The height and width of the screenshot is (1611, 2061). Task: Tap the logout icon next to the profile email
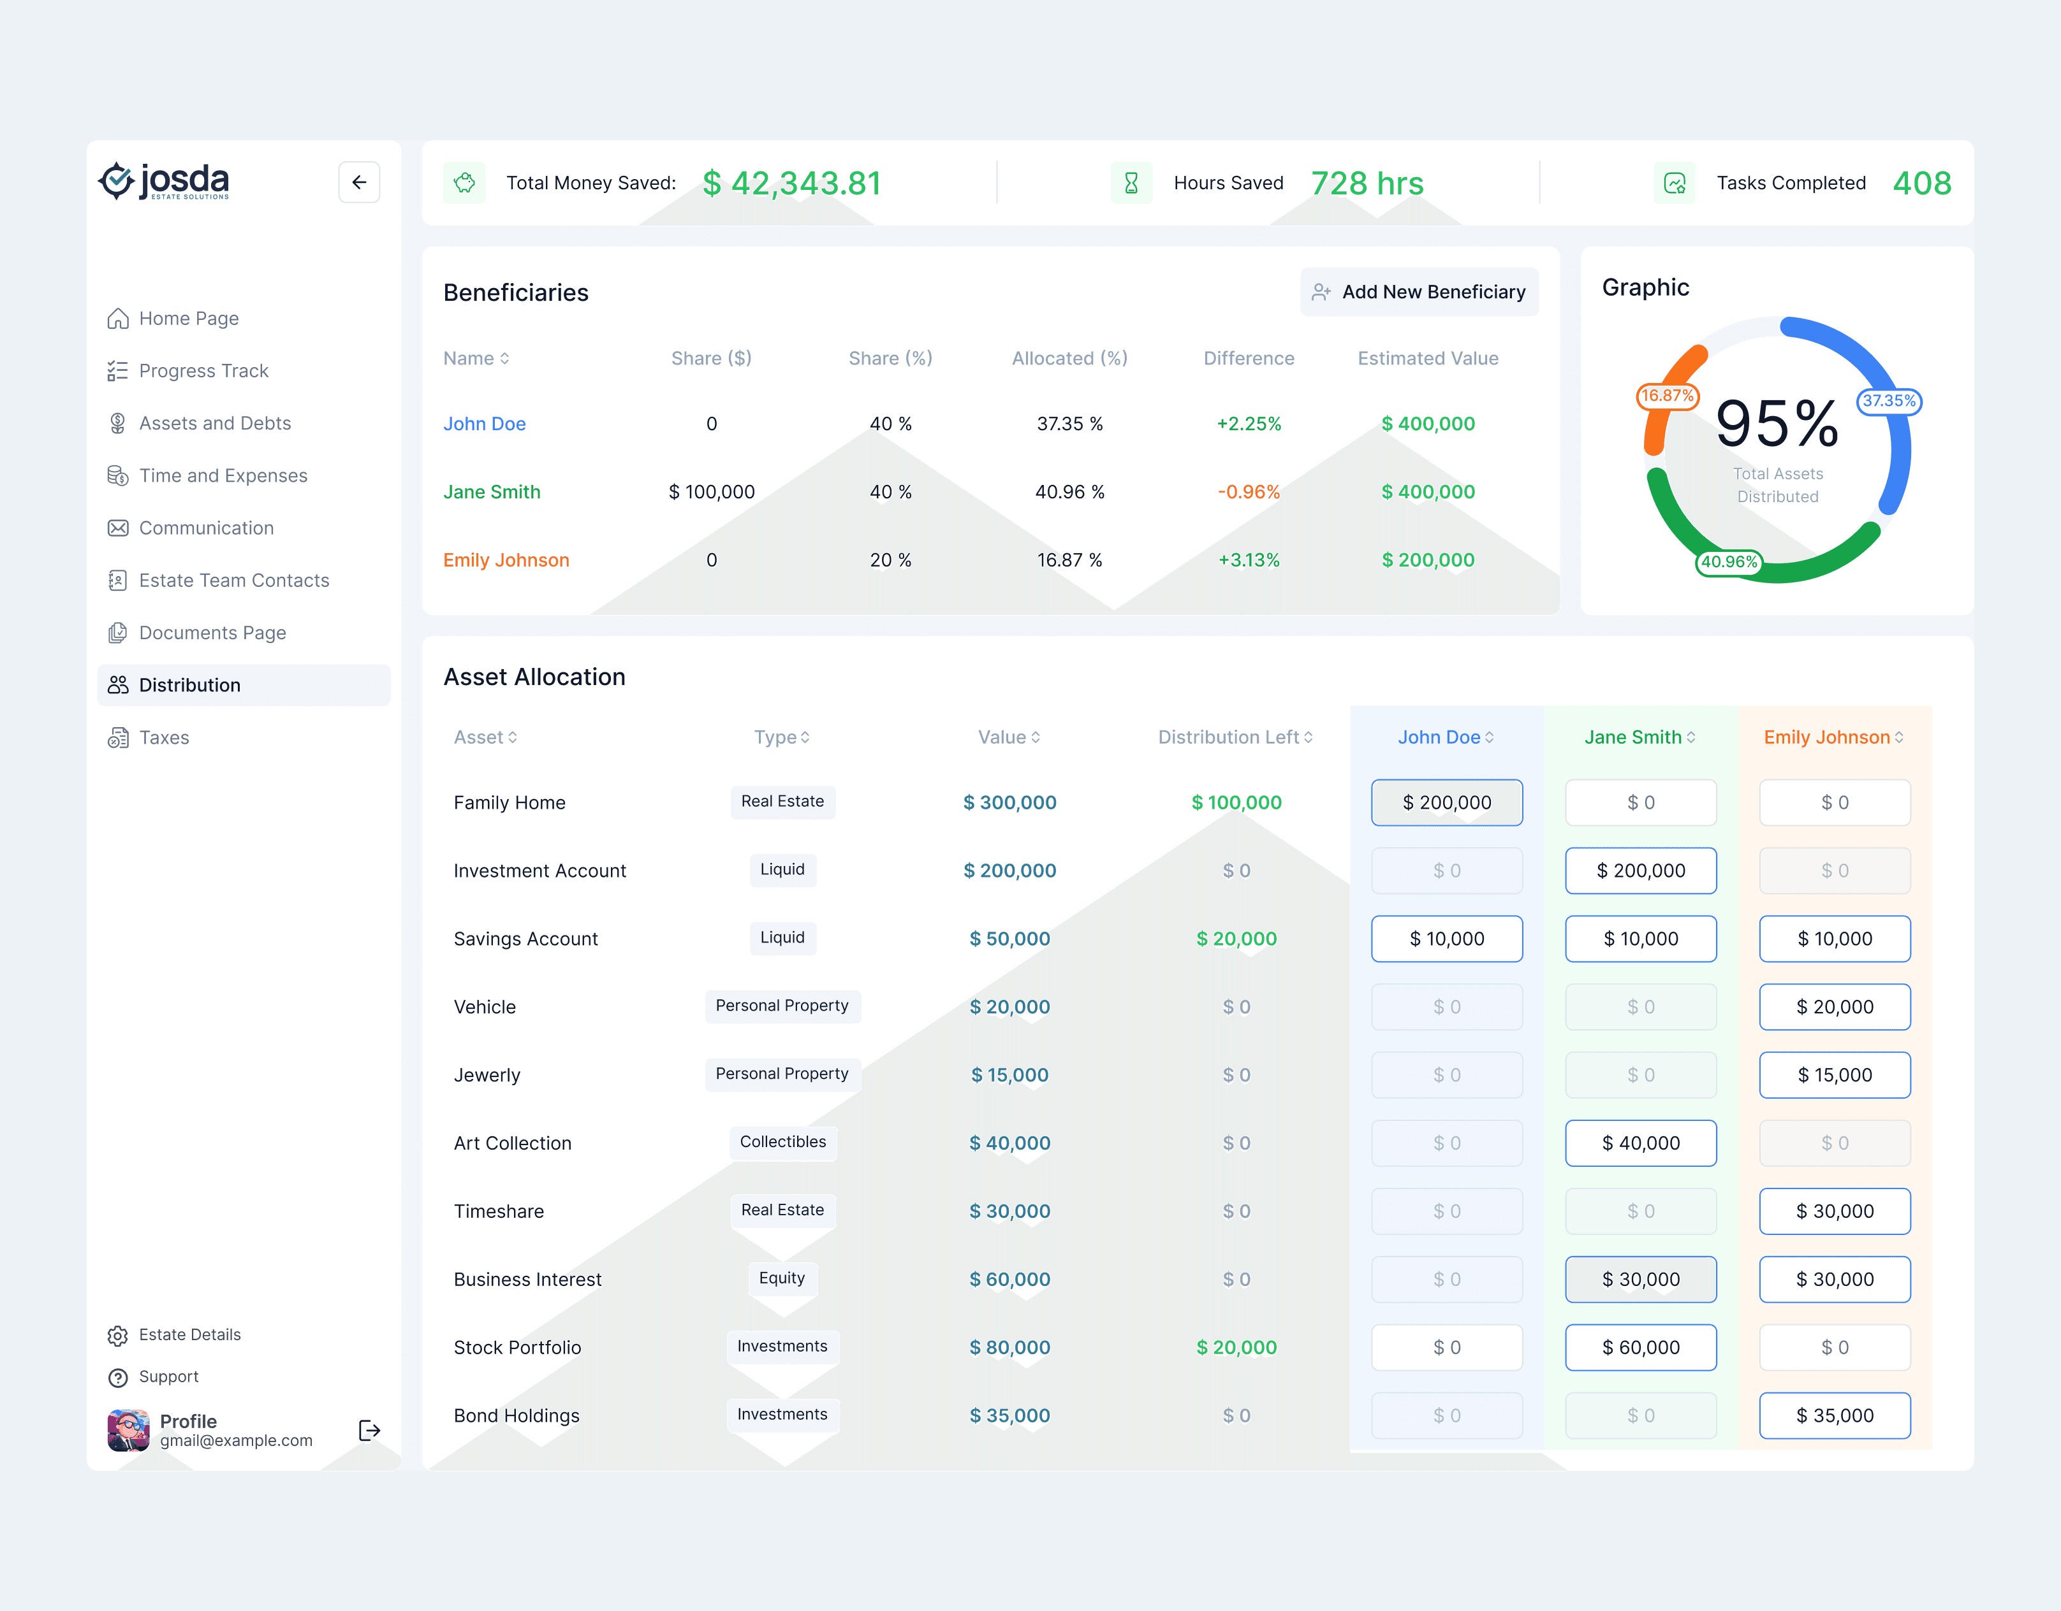(x=370, y=1430)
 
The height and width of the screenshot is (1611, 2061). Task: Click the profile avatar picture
(x=128, y=1430)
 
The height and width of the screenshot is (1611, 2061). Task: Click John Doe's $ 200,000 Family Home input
(x=1447, y=803)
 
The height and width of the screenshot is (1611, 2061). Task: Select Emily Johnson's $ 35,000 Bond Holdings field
(x=1835, y=1416)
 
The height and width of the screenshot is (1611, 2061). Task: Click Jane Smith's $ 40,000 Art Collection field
(x=1641, y=1143)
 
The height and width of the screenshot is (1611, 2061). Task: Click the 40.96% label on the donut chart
(x=1729, y=562)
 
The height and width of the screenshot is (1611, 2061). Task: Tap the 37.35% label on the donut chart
(x=1889, y=401)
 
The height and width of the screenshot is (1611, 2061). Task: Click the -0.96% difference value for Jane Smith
(x=1249, y=493)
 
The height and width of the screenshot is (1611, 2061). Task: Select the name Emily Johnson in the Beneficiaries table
(x=507, y=560)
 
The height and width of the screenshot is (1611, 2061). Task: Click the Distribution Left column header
(x=1235, y=737)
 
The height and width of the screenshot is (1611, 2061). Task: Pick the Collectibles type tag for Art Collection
(x=782, y=1142)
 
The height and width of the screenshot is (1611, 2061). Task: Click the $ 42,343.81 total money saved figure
(x=792, y=183)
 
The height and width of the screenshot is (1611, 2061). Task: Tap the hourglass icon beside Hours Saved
(x=1131, y=183)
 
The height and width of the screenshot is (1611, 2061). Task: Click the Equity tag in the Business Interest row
(x=782, y=1278)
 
